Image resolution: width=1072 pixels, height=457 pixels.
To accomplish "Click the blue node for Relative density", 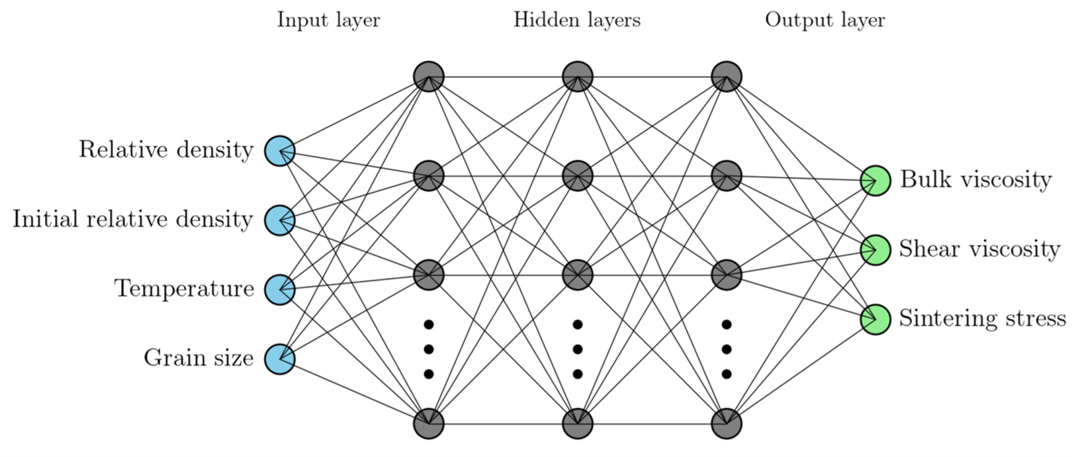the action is point(279,151).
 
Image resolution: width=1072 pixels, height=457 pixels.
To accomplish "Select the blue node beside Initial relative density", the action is point(279,221).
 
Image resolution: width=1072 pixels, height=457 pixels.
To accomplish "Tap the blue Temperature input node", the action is point(279,290).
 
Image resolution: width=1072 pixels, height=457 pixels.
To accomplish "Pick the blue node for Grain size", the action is point(279,359).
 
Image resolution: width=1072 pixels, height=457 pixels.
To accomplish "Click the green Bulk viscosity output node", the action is point(875,181).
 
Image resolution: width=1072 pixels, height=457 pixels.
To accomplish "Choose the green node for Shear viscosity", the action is point(875,250).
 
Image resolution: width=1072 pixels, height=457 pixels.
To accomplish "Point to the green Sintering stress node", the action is point(875,319).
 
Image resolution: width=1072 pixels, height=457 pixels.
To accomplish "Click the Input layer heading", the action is point(328,21).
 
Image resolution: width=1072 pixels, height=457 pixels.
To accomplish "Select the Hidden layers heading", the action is point(576,21).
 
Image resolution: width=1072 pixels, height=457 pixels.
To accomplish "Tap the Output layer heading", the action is point(825,21).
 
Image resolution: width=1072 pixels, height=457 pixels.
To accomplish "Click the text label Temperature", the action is point(184,289).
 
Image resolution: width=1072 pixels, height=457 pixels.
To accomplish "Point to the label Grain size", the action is point(199,358).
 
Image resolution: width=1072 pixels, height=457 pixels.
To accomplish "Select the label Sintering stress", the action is point(983,318).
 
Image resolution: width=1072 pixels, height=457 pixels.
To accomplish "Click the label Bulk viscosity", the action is point(976,181).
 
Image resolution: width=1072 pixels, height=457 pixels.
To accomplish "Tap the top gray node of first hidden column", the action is point(429,77).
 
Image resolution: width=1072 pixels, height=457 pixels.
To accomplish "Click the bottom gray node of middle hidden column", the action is point(578,423).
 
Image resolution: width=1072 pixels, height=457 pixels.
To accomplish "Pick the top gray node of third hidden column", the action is point(727,77).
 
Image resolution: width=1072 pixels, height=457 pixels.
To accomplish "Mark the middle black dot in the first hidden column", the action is point(429,349).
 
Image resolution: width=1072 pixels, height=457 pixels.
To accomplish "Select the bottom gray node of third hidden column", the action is point(727,423).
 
